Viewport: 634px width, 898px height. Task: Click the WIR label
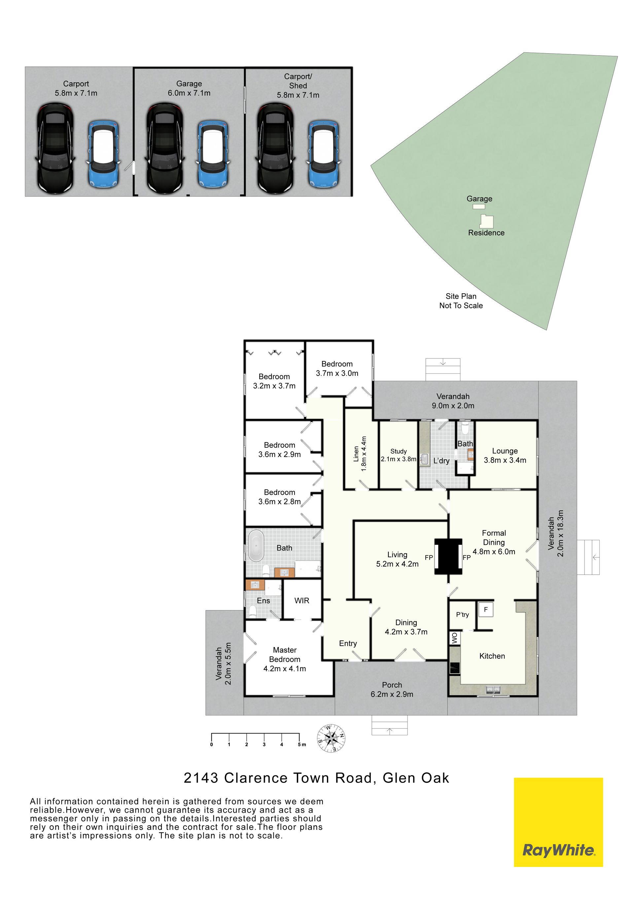coord(301,600)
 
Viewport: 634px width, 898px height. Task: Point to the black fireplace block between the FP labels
coord(448,556)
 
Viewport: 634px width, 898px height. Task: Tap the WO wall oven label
coord(454,638)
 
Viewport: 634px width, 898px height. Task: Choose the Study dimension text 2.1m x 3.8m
coord(399,459)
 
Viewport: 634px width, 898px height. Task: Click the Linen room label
coord(356,454)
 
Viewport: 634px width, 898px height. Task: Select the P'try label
coord(463,614)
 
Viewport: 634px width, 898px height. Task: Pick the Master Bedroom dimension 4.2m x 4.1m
coord(284,669)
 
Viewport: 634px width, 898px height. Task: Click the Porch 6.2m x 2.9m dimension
coord(392,694)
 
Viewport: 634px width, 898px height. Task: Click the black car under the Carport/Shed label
coord(275,148)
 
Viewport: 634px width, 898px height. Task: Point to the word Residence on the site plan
coord(486,233)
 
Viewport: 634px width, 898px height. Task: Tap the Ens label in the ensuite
coord(263,600)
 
